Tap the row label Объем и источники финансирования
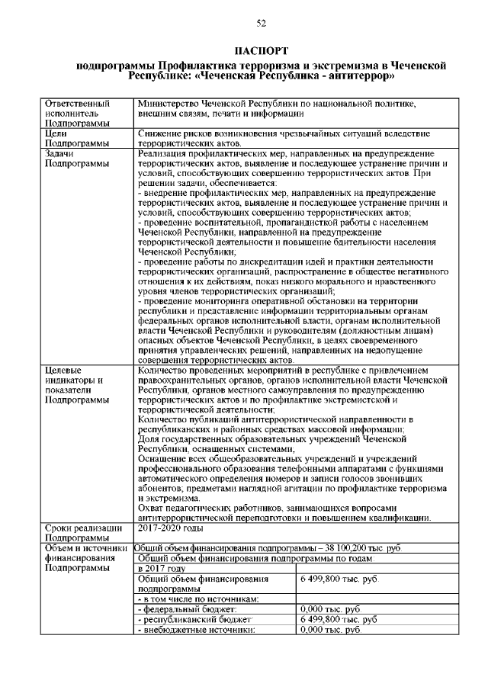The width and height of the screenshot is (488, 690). pos(85,557)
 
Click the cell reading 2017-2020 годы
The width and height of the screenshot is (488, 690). pos(171,527)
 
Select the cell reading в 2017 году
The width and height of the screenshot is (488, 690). pos(162,568)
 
